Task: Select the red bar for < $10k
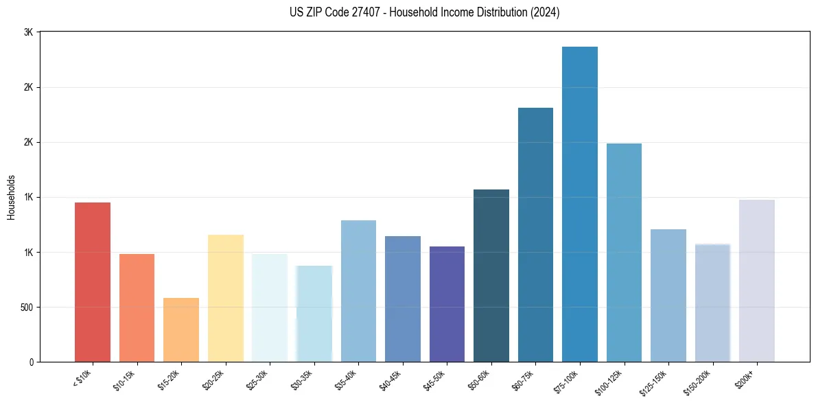tap(93, 281)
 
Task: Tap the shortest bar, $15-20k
tap(181, 329)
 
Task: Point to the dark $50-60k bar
tap(491, 275)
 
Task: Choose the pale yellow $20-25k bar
tap(226, 298)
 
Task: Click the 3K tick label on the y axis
tap(28, 32)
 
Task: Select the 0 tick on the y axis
tap(32, 362)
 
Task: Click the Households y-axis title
tap(11, 196)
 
